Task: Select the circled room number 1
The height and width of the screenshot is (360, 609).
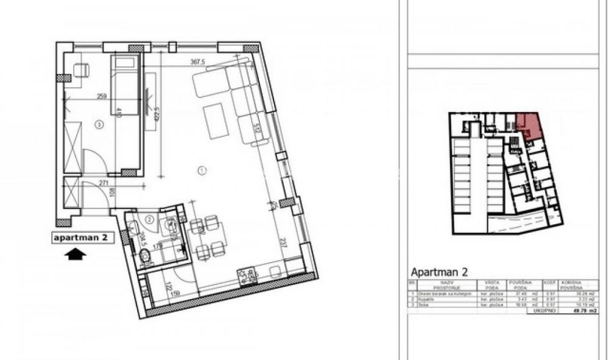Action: tap(202, 170)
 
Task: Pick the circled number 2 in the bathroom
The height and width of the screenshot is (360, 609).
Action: tap(149, 219)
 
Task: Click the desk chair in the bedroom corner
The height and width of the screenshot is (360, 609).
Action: tap(81, 70)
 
